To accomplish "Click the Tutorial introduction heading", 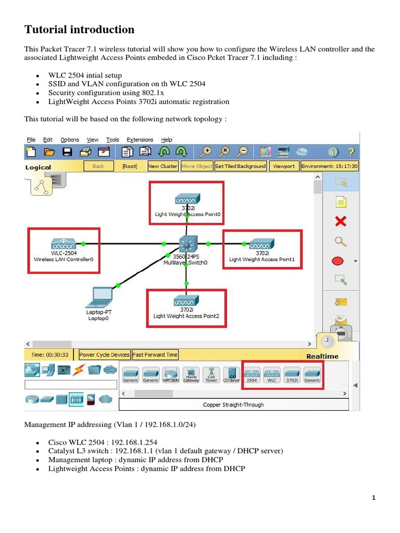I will (x=79, y=29).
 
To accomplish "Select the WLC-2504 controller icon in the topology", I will (x=64, y=244).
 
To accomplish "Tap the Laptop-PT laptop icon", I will (x=99, y=297).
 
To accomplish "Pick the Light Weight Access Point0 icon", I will (x=187, y=199).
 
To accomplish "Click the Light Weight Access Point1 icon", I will (x=261, y=244).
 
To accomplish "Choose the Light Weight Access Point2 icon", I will (x=186, y=301).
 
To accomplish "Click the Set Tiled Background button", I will (x=240, y=166).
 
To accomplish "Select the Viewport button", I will (x=284, y=166).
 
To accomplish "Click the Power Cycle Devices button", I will (x=104, y=354).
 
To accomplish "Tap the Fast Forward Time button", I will (x=155, y=354).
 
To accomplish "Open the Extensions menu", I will (x=140, y=139).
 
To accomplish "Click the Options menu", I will (x=70, y=139).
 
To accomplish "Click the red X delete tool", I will (x=341, y=222).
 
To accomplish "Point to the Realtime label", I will (x=322, y=356).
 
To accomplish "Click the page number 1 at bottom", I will (x=373, y=498).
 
